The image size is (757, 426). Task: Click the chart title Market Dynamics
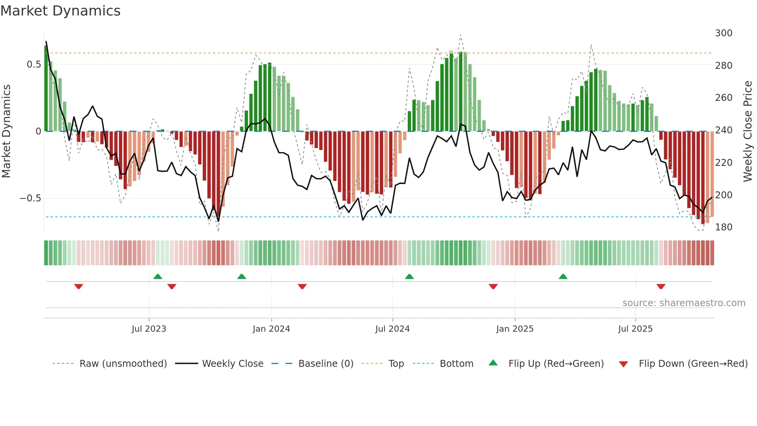click(61, 11)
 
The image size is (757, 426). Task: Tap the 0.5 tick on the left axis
click(34, 65)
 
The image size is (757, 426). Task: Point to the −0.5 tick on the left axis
click(31, 198)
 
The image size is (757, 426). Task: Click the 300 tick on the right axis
click(723, 33)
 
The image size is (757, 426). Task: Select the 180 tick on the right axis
click(723, 227)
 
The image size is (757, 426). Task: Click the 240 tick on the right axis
click(723, 130)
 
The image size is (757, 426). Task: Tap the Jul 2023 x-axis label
click(149, 329)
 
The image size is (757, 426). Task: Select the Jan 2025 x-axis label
click(515, 329)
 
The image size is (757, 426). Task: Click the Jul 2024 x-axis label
click(392, 329)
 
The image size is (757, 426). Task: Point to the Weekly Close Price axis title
click(748, 131)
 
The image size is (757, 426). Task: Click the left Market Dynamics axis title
click(6, 131)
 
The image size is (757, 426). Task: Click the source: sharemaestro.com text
click(684, 303)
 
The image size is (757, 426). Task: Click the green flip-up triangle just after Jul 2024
click(409, 276)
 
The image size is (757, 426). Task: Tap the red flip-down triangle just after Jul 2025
click(661, 286)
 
